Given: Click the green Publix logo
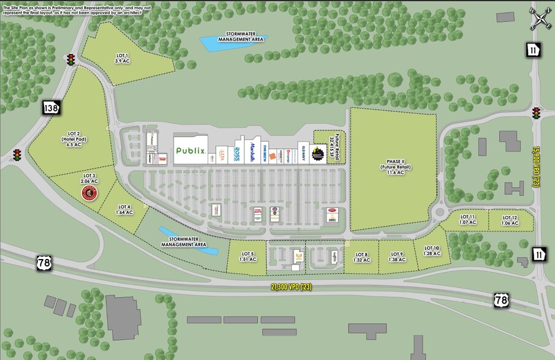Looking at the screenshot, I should click(x=191, y=151).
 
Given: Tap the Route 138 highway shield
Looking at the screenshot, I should click(x=50, y=108).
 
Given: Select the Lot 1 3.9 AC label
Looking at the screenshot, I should click(x=123, y=59).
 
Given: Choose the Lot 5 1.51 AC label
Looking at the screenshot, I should click(x=248, y=256).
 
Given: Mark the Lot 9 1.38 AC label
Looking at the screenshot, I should click(x=397, y=257).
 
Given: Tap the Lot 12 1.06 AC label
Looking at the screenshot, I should click(x=510, y=220).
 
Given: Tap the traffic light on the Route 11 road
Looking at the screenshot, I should click(x=537, y=113).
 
